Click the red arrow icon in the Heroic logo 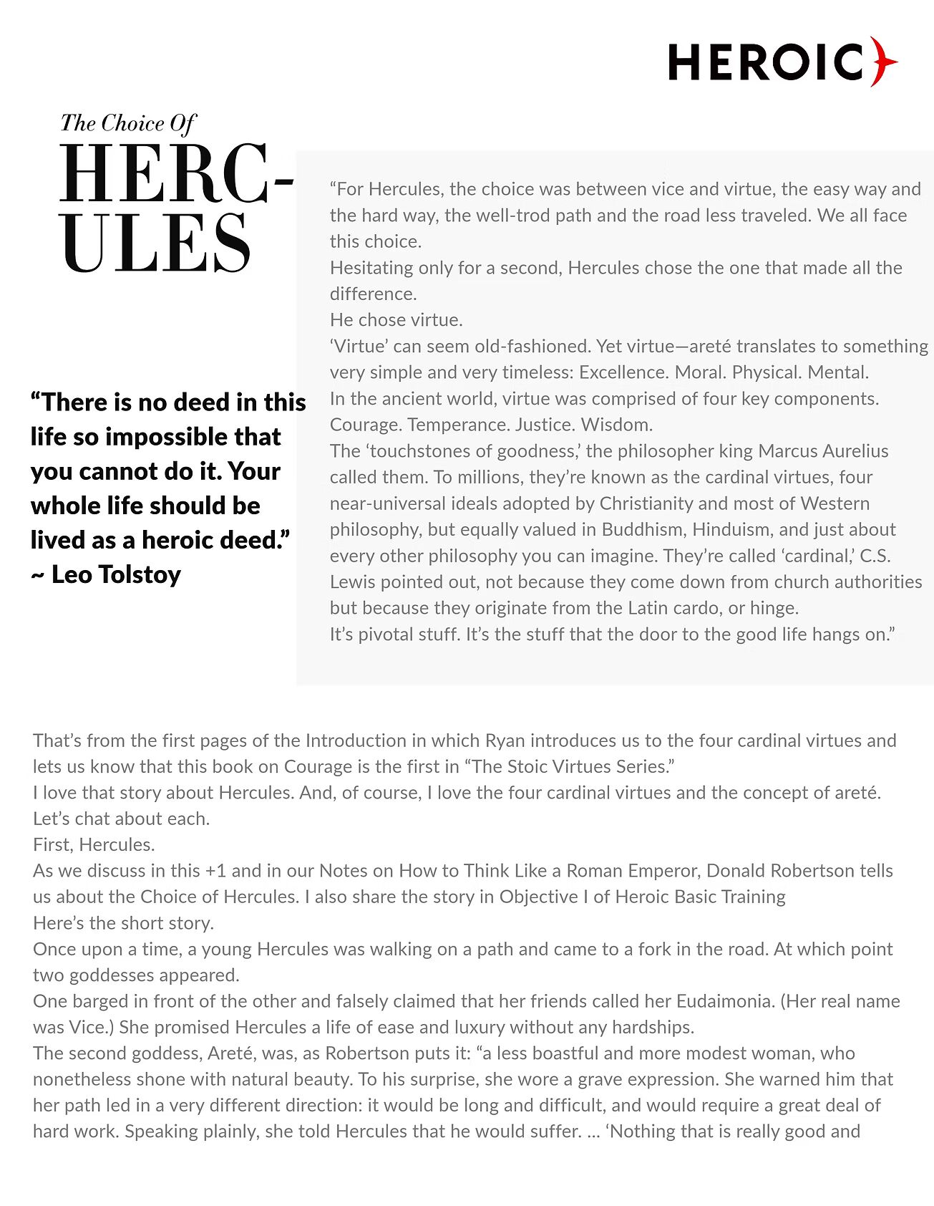click(x=883, y=62)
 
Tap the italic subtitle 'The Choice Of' click(x=128, y=124)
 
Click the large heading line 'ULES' click(x=157, y=243)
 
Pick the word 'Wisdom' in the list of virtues click(x=616, y=425)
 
